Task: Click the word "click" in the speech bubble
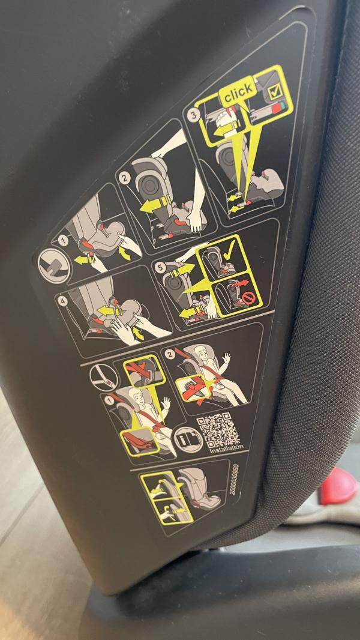click(x=238, y=91)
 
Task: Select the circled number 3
click(x=194, y=115)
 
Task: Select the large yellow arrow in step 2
click(x=156, y=204)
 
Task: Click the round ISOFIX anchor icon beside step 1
click(x=53, y=265)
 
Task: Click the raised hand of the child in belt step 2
click(x=227, y=358)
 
